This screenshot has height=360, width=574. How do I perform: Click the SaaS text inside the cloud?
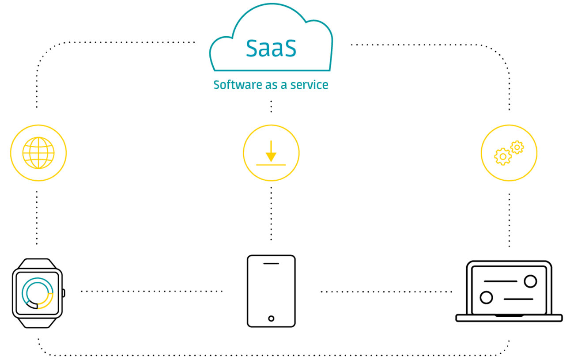[271, 49]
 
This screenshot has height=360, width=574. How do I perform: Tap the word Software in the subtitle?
[233, 85]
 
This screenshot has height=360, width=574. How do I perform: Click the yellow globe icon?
[38, 153]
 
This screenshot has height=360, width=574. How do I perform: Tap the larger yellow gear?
[502, 156]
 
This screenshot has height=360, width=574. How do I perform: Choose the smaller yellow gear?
[517, 147]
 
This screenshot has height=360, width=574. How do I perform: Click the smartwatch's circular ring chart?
[38, 293]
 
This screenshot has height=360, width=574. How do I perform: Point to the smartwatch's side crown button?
[64, 293]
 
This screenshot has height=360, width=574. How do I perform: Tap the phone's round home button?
[271, 318]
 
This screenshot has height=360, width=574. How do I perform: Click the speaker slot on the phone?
[271, 264]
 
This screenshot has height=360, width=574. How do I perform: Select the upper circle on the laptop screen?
[530, 281]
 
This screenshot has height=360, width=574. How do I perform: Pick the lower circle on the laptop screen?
[486, 297]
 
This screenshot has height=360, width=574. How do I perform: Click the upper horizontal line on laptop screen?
[500, 281]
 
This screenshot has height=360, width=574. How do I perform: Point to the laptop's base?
[509, 318]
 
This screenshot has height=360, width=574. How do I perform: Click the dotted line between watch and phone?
[151, 291]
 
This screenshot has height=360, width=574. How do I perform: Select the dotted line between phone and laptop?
[386, 292]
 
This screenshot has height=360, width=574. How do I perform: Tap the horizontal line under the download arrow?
[271, 165]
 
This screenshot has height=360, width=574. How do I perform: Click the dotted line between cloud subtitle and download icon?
[271, 106]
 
